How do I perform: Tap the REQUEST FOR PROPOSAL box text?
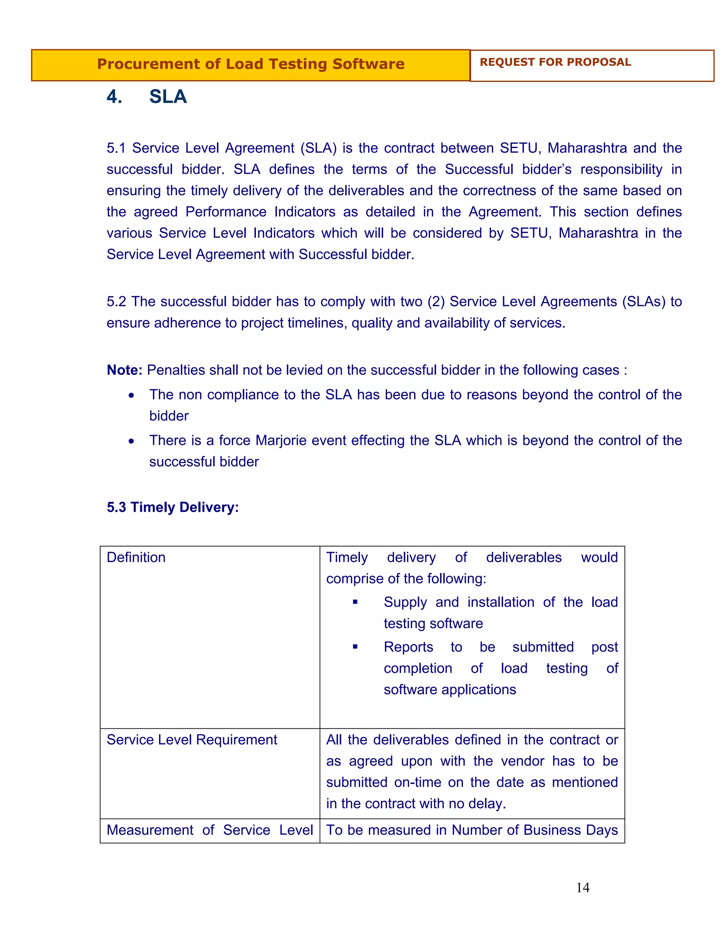pyautogui.click(x=555, y=62)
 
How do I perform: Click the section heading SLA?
pyautogui.click(x=168, y=97)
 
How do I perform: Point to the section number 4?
pyautogui.click(x=114, y=97)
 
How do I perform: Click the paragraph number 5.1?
pyautogui.click(x=116, y=148)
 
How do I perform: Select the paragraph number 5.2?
pyautogui.click(x=116, y=302)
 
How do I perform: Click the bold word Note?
pyautogui.click(x=124, y=370)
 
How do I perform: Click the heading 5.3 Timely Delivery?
pyautogui.click(x=173, y=507)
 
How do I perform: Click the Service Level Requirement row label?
pyautogui.click(x=192, y=740)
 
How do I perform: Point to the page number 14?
pyautogui.click(x=582, y=888)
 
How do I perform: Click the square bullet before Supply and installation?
pyautogui.click(x=355, y=602)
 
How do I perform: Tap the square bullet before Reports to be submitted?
pyautogui.click(x=355, y=647)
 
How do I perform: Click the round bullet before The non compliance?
pyautogui.click(x=131, y=395)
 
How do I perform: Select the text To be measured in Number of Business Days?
pyautogui.click(x=472, y=830)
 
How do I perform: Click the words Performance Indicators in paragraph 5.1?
pyautogui.click(x=260, y=212)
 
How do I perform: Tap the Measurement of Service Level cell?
pyautogui.click(x=210, y=830)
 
